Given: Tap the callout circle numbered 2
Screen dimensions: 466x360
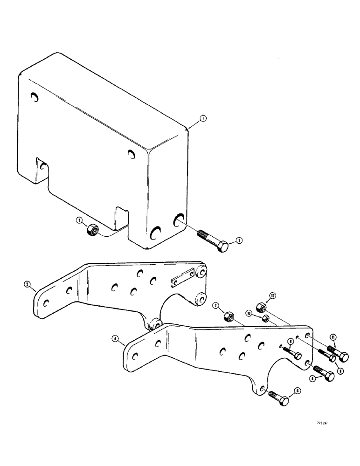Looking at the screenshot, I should coord(239,240).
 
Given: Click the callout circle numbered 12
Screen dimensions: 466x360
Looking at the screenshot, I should coord(273,295).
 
